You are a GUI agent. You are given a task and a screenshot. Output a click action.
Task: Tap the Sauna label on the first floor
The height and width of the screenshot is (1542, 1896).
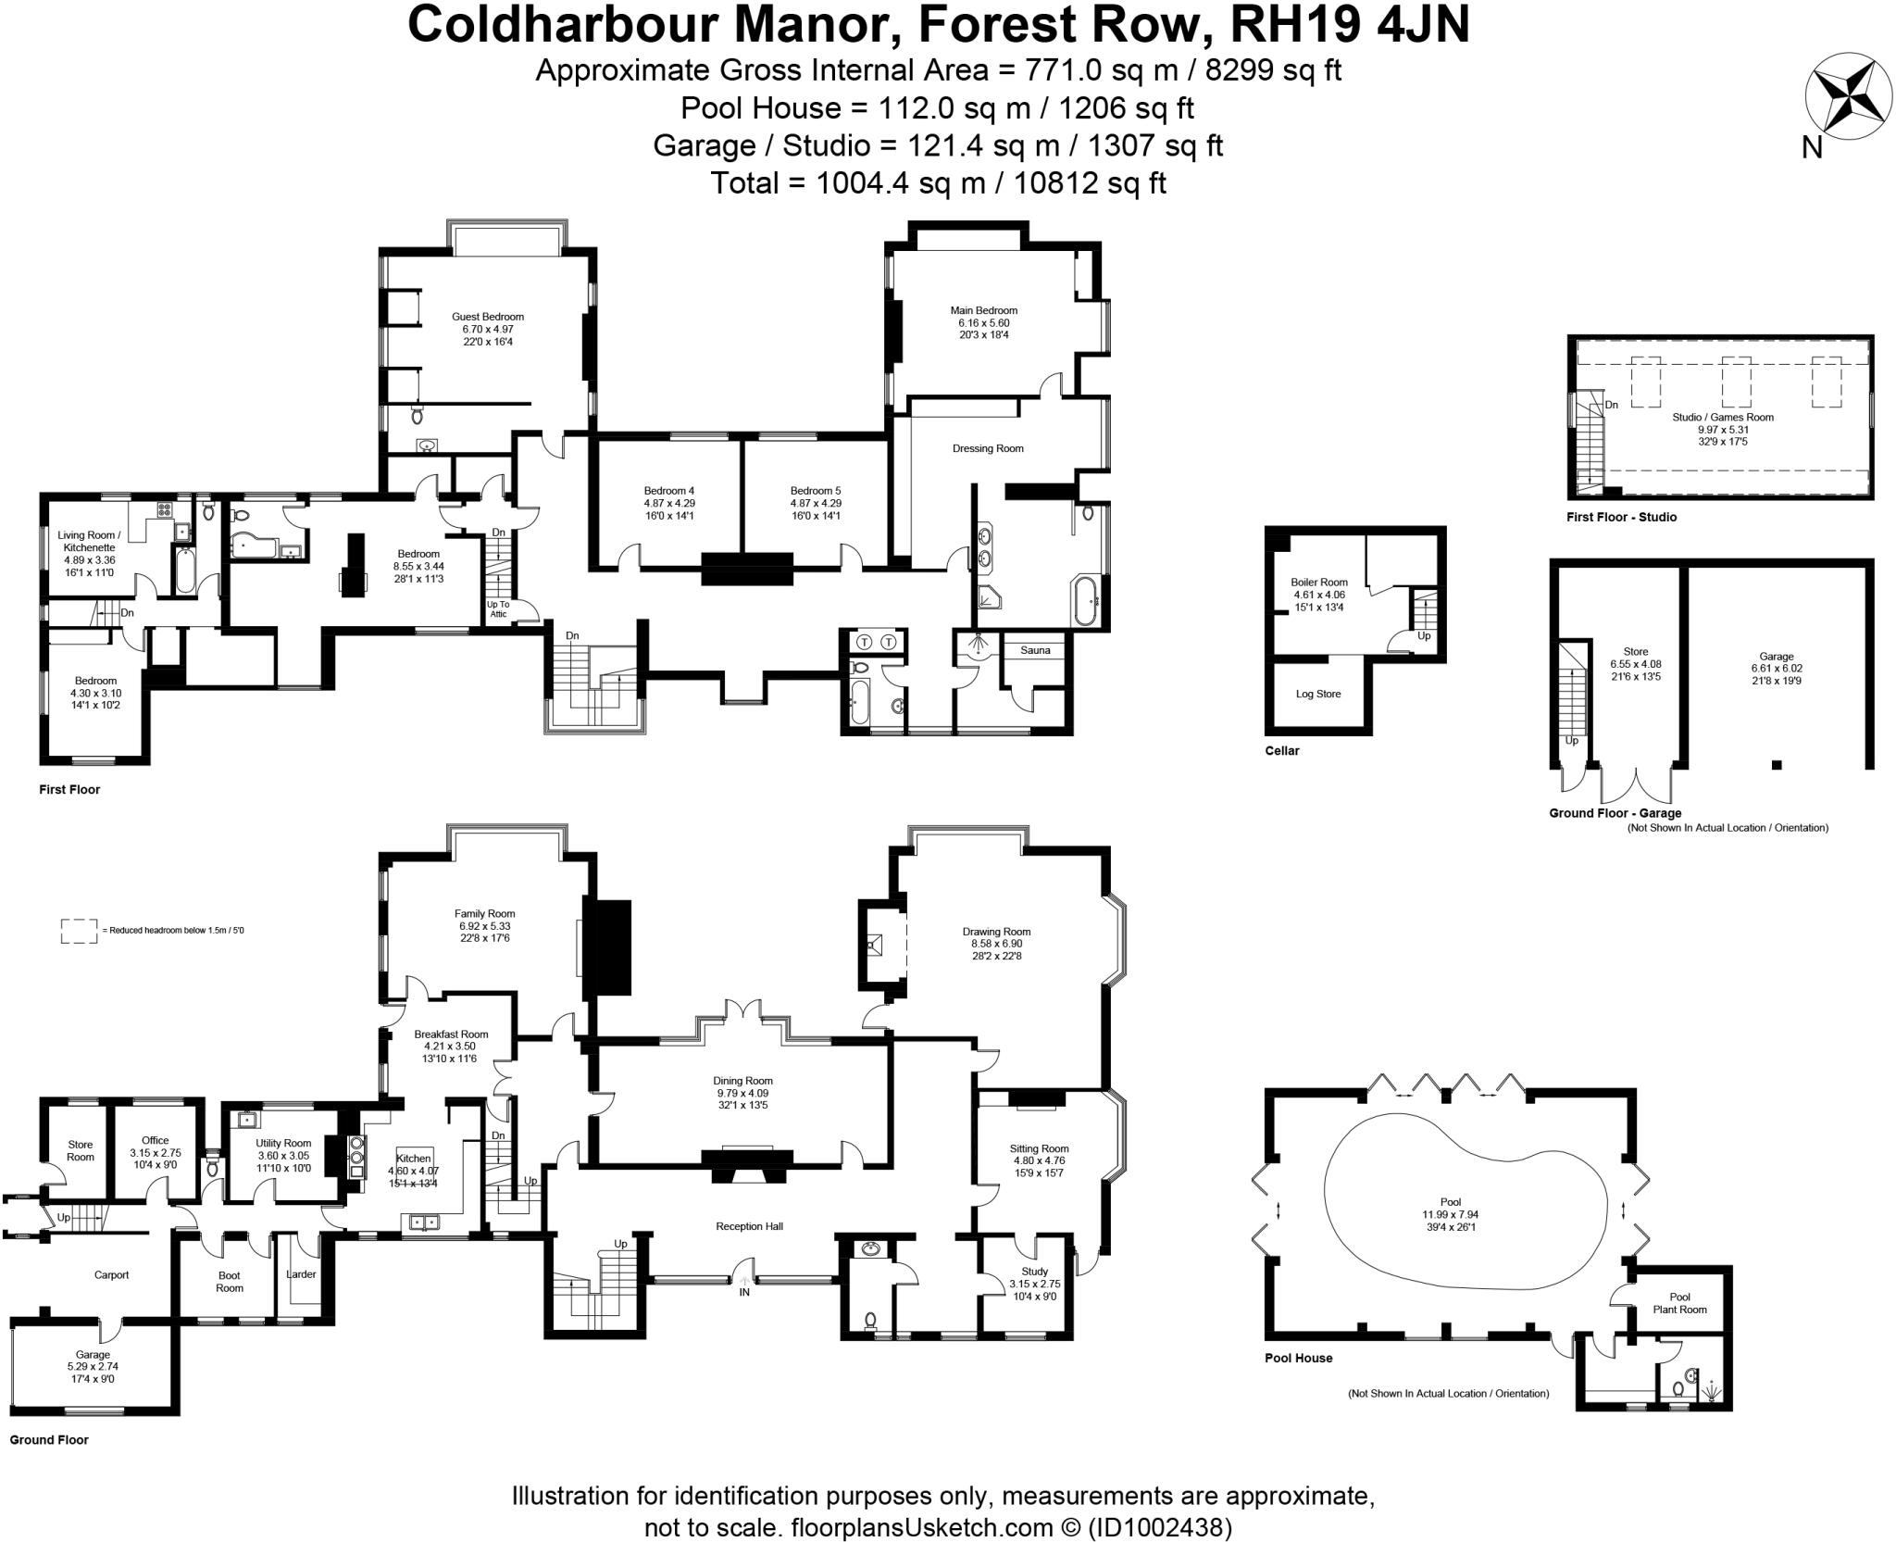click(x=1035, y=650)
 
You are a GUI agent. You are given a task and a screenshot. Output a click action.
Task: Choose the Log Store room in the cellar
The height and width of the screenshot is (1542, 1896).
click(x=1317, y=694)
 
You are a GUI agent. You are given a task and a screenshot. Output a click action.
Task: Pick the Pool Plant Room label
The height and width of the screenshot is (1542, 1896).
click(x=1679, y=1303)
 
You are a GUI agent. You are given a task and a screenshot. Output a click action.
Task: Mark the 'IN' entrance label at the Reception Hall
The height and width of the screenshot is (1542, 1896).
click(x=744, y=1292)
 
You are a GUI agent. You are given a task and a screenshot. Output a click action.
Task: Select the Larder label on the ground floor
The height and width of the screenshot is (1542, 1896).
click(x=301, y=1274)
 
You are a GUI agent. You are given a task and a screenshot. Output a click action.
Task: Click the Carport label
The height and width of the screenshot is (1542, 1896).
click(x=111, y=1274)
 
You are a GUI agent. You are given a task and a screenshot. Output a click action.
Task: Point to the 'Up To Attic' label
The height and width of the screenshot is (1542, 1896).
click(x=498, y=608)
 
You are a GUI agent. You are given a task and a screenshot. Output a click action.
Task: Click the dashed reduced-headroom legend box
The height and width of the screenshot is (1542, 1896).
click(x=79, y=931)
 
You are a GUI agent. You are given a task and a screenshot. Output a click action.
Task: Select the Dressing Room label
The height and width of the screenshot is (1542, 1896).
click(x=988, y=448)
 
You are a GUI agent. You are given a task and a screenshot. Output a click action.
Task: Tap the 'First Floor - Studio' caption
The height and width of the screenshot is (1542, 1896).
click(x=1621, y=517)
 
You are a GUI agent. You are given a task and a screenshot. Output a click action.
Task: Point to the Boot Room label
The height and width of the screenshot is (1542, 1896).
click(x=230, y=1282)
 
